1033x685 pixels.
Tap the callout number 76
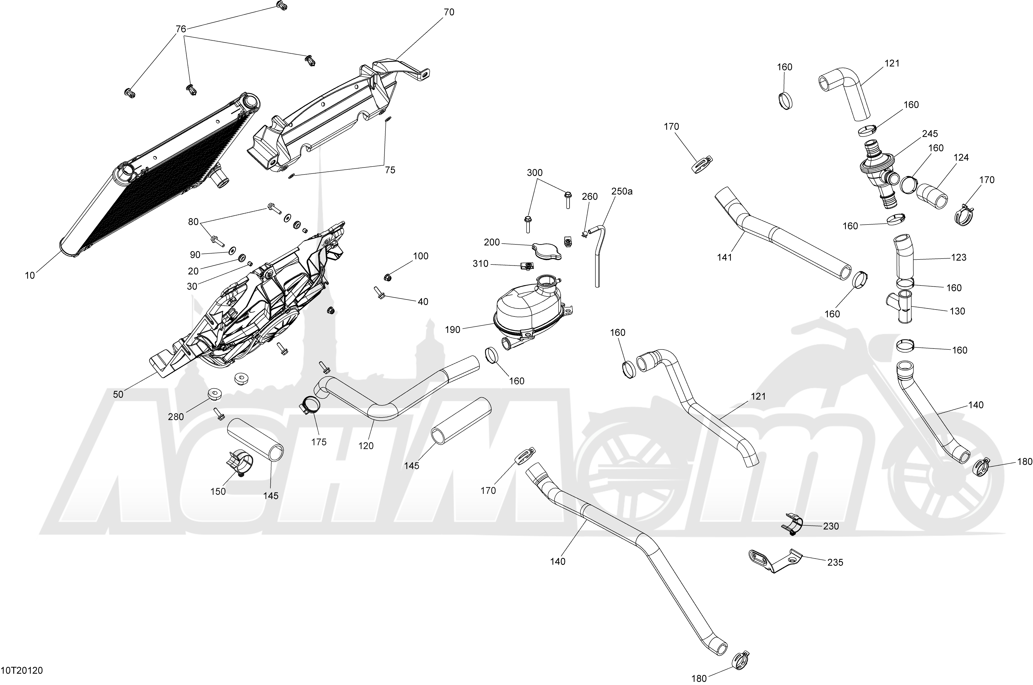(181, 29)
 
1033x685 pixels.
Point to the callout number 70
(449, 13)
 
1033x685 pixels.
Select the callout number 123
(959, 258)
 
